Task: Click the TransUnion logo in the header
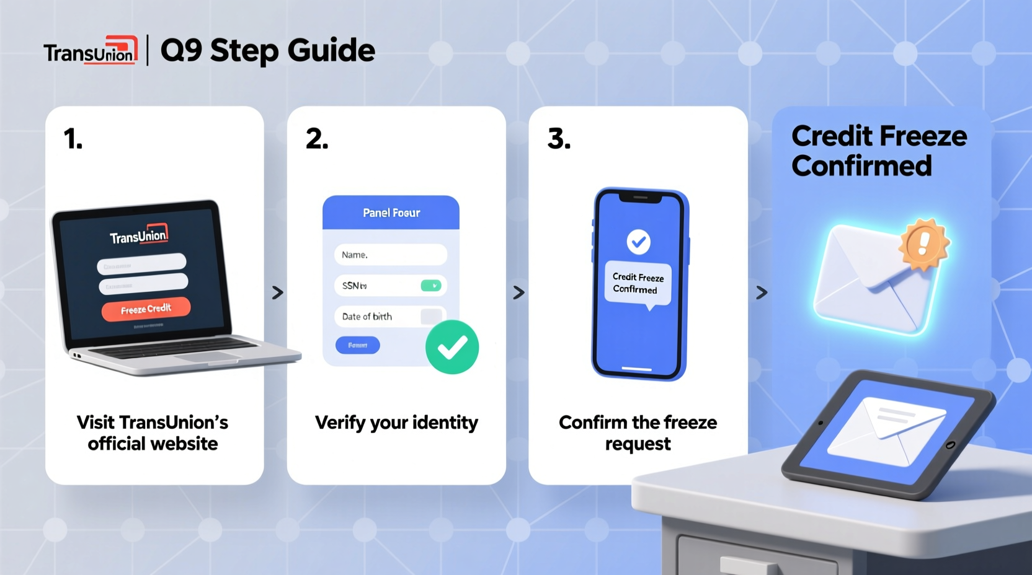[x=91, y=51]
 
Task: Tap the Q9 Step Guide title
[x=268, y=51]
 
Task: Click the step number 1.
[x=73, y=139]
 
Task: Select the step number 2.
[x=317, y=139]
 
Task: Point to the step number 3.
[x=559, y=139]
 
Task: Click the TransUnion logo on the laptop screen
[x=139, y=235]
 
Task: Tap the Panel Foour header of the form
[x=391, y=213]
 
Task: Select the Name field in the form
[x=390, y=255]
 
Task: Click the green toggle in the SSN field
[x=430, y=286]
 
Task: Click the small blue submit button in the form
[x=357, y=345]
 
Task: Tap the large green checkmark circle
[x=452, y=347]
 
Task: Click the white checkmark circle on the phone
[x=638, y=242]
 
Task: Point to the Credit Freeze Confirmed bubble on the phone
[x=638, y=284]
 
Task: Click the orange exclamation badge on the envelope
[x=923, y=244]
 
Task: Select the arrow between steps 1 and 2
[x=277, y=292]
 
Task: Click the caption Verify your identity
[x=396, y=423]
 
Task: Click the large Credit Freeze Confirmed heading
[x=878, y=151]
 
